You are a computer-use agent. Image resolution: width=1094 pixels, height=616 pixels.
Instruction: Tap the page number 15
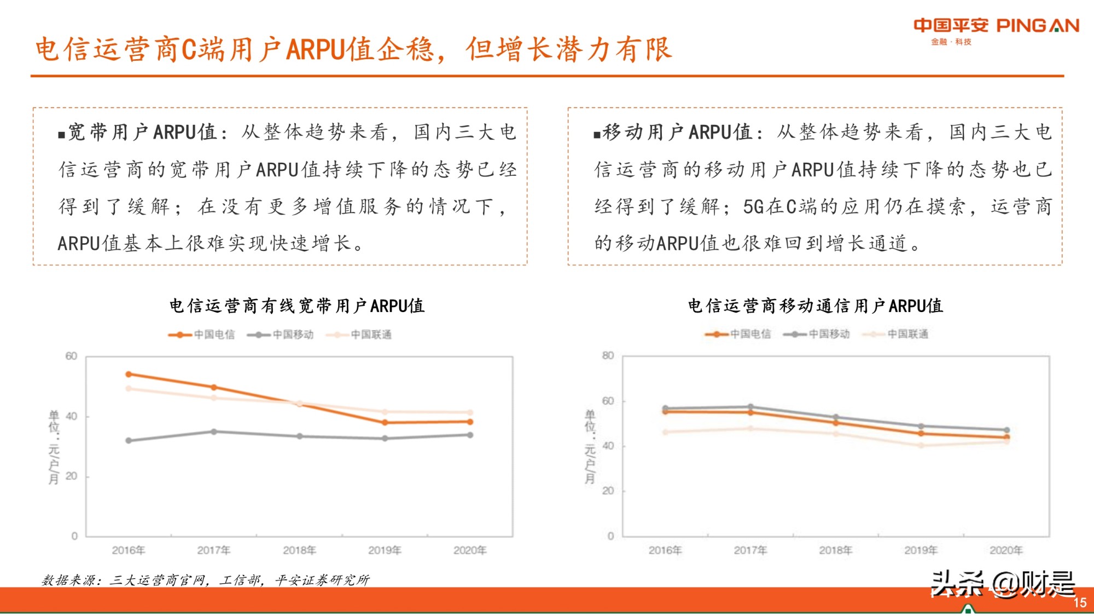pos(1079,602)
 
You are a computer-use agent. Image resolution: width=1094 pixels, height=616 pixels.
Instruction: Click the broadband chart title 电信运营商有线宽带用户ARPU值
pos(297,306)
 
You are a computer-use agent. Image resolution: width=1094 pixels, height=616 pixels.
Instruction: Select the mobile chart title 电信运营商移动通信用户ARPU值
pos(815,306)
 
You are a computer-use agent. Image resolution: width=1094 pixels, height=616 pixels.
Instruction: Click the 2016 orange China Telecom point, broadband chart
pos(129,375)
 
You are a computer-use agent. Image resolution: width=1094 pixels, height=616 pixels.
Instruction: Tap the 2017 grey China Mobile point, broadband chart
pos(214,431)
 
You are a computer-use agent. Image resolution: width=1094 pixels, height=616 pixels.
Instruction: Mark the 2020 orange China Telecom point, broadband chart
pos(470,422)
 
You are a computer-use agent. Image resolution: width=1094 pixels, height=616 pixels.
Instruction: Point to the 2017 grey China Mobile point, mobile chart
pos(750,407)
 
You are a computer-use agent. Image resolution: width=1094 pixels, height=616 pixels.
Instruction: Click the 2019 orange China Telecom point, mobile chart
pos(921,434)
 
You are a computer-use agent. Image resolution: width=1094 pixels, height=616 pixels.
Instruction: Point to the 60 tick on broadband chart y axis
pos(71,356)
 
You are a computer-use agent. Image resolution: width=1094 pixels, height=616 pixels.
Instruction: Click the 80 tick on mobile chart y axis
pos(608,356)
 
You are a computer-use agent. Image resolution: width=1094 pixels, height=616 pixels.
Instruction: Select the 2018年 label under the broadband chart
pos(299,550)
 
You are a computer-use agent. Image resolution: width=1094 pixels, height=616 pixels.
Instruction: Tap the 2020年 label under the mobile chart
pos(1006,550)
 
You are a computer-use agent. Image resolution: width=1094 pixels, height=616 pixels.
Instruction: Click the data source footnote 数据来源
pos(206,580)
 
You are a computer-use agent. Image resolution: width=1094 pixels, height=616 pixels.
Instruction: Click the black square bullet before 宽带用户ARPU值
pos(61,134)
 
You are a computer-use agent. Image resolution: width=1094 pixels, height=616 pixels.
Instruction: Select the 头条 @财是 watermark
pos(1003,583)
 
